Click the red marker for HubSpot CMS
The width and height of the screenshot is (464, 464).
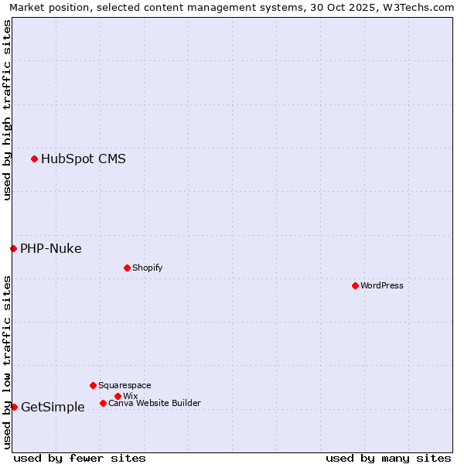pos(34,159)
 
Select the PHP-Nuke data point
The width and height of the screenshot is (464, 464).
pos(13,248)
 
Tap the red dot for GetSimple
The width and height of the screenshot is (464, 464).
pos(14,407)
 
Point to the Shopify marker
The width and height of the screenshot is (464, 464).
pos(127,268)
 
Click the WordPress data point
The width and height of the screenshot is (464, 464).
pos(355,285)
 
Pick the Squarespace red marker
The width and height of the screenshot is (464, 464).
pos(93,385)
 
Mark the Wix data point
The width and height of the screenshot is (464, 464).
pos(118,396)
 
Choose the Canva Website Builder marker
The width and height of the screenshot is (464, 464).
pos(103,403)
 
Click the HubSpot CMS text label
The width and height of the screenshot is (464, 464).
pos(84,159)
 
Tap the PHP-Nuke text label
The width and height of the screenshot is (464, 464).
pos(51,248)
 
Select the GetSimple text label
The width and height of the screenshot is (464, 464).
pos(53,408)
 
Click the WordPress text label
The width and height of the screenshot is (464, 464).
pos(382,285)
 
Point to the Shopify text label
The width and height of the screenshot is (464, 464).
pos(148,268)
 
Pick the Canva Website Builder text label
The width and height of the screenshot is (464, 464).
pos(155,403)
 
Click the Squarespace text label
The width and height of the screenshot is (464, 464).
pos(125,385)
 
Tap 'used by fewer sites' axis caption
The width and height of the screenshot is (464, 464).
pos(80,458)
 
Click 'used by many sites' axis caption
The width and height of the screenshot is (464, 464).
pos(388,458)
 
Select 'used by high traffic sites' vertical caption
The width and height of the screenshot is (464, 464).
pos(7,110)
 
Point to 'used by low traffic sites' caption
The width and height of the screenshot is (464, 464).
pos(7,361)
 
